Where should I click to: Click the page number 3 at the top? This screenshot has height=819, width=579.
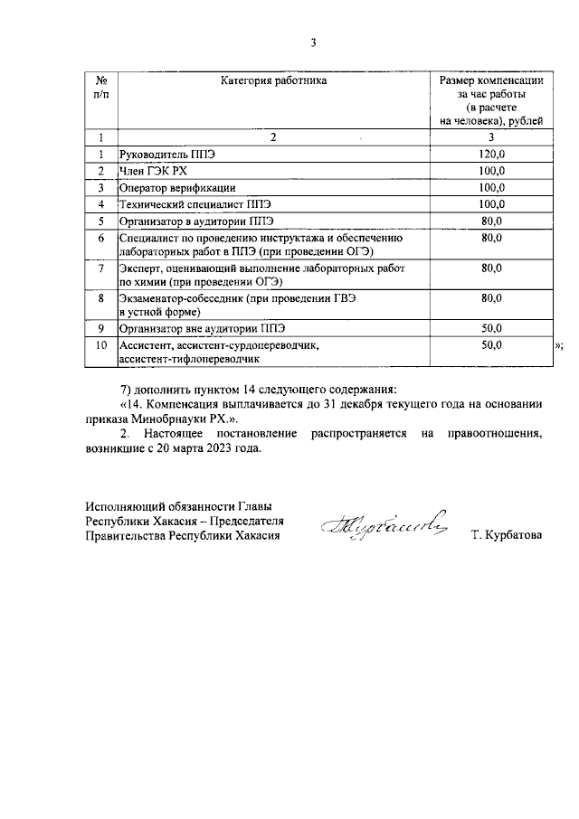(x=312, y=42)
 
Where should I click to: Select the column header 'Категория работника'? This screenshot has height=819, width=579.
(x=273, y=81)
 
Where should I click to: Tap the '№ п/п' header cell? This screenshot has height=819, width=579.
(x=101, y=88)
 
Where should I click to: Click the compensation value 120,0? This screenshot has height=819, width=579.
(x=491, y=155)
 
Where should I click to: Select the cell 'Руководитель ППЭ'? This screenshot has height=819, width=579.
(x=168, y=155)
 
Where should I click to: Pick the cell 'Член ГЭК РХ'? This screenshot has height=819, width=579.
(x=154, y=171)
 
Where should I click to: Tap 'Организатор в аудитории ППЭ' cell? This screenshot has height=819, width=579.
(x=196, y=221)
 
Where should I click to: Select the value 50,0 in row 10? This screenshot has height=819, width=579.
(x=491, y=344)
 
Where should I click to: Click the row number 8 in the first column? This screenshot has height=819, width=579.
(x=101, y=297)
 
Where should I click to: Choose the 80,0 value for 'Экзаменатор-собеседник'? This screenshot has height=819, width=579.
(x=491, y=297)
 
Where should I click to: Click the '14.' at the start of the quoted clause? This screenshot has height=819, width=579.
(x=132, y=406)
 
